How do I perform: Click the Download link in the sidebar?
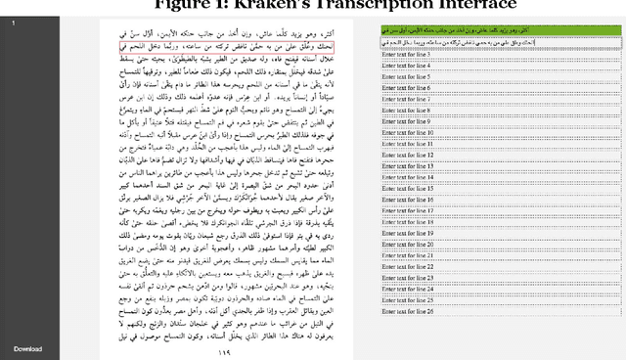[x=27, y=348]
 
